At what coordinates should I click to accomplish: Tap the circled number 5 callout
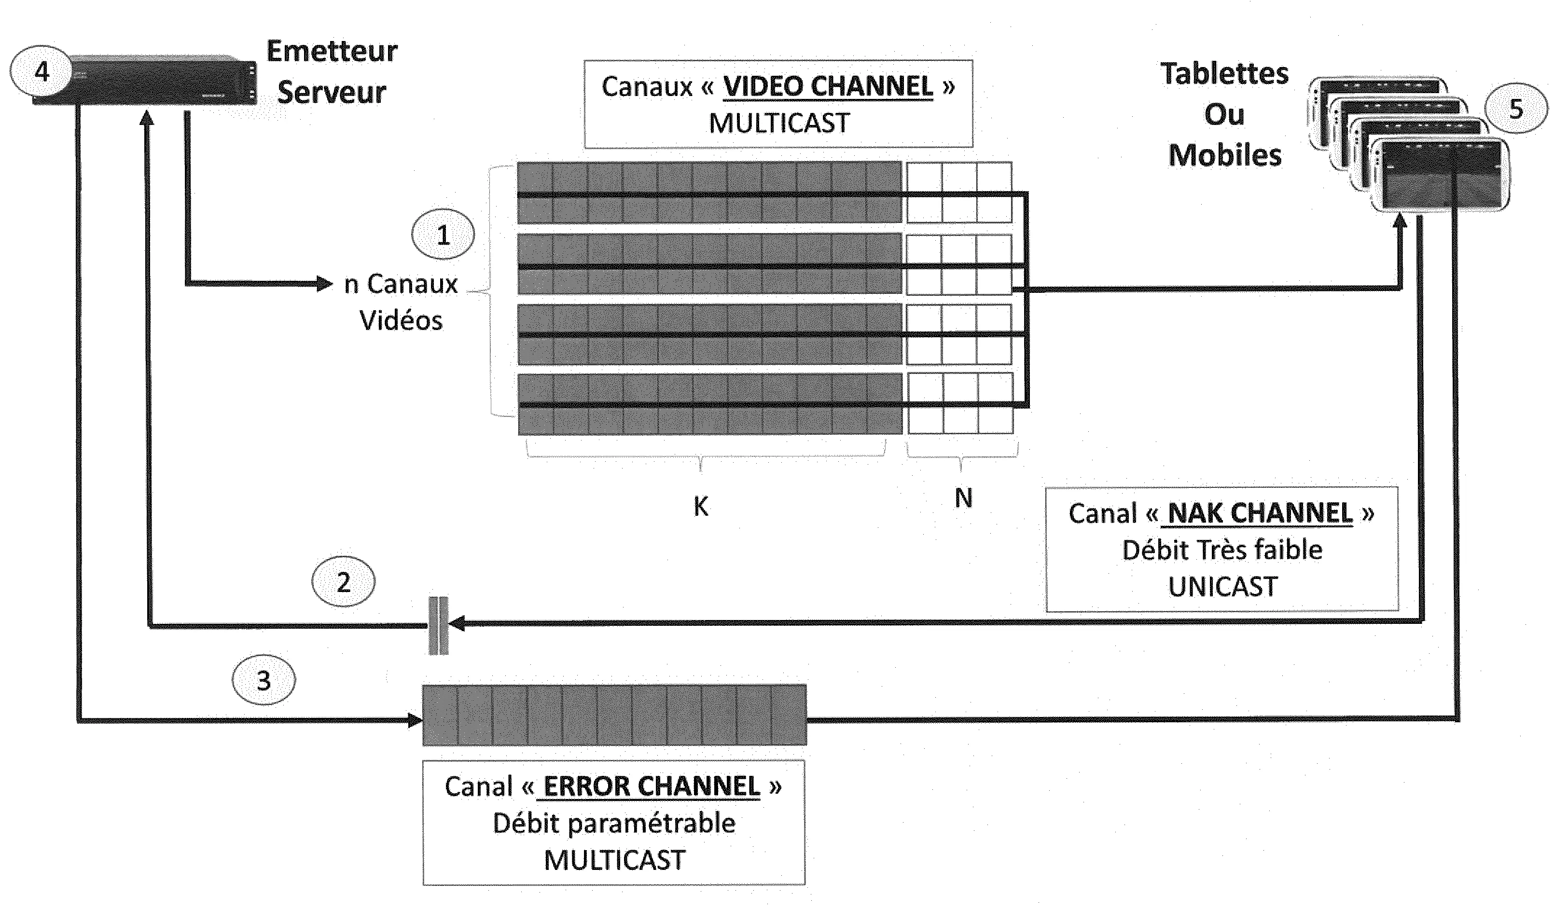1516,109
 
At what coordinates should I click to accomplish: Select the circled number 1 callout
443,234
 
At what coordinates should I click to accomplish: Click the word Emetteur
332,51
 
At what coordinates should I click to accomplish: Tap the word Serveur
332,93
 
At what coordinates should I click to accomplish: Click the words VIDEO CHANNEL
828,86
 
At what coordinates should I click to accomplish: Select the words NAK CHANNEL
1260,513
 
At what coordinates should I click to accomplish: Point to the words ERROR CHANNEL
652,786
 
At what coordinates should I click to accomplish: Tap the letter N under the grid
963,498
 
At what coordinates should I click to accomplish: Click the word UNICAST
1222,587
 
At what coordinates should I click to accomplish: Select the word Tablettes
1224,74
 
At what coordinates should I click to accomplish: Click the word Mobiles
1224,155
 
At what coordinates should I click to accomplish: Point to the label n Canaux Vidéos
402,302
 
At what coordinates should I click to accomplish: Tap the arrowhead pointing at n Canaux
325,284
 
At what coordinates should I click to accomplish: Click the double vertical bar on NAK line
438,625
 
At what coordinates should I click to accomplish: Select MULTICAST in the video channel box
779,123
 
